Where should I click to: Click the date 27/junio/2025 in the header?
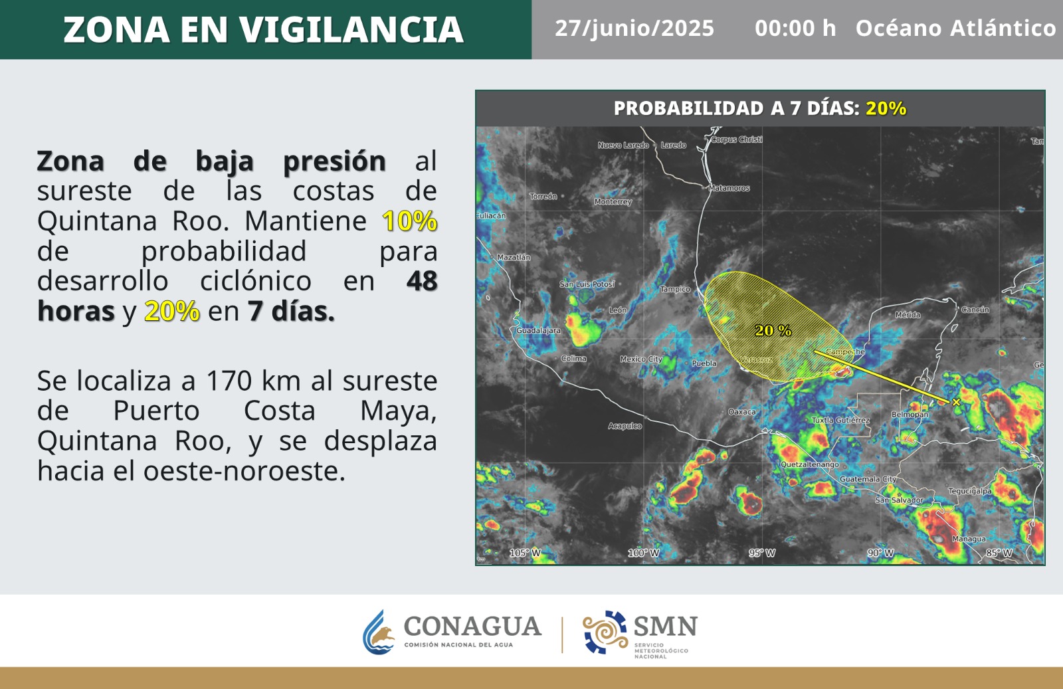click(634, 29)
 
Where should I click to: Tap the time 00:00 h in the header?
click(795, 29)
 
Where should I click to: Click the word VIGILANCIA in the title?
click(351, 30)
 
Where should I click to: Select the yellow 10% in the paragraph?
click(409, 221)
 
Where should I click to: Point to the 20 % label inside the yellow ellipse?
click(773, 330)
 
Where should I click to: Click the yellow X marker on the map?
click(956, 403)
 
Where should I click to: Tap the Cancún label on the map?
click(975, 310)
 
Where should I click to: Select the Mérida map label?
click(908, 315)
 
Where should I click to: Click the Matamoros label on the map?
click(729, 189)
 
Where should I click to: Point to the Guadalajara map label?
click(538, 330)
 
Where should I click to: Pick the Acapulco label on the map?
click(625, 426)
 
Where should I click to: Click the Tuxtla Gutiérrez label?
click(840, 420)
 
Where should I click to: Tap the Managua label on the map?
click(969, 539)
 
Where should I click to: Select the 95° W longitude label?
click(762, 553)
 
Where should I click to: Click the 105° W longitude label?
click(525, 553)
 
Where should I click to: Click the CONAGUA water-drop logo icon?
click(379, 632)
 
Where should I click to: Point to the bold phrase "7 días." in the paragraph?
click(291, 312)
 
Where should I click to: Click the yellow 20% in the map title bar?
click(886, 109)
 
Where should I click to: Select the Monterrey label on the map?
click(613, 202)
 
